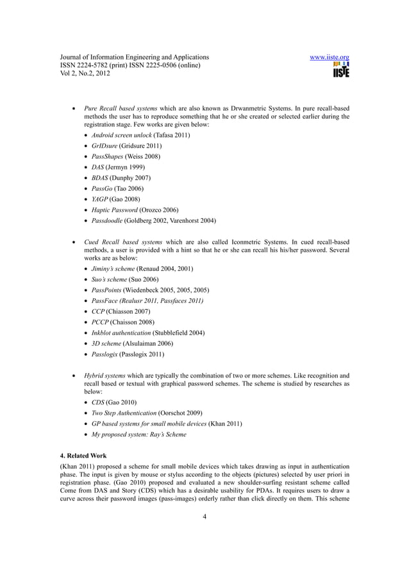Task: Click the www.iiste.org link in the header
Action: click(x=329, y=57)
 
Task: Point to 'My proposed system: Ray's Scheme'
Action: click(x=139, y=434)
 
